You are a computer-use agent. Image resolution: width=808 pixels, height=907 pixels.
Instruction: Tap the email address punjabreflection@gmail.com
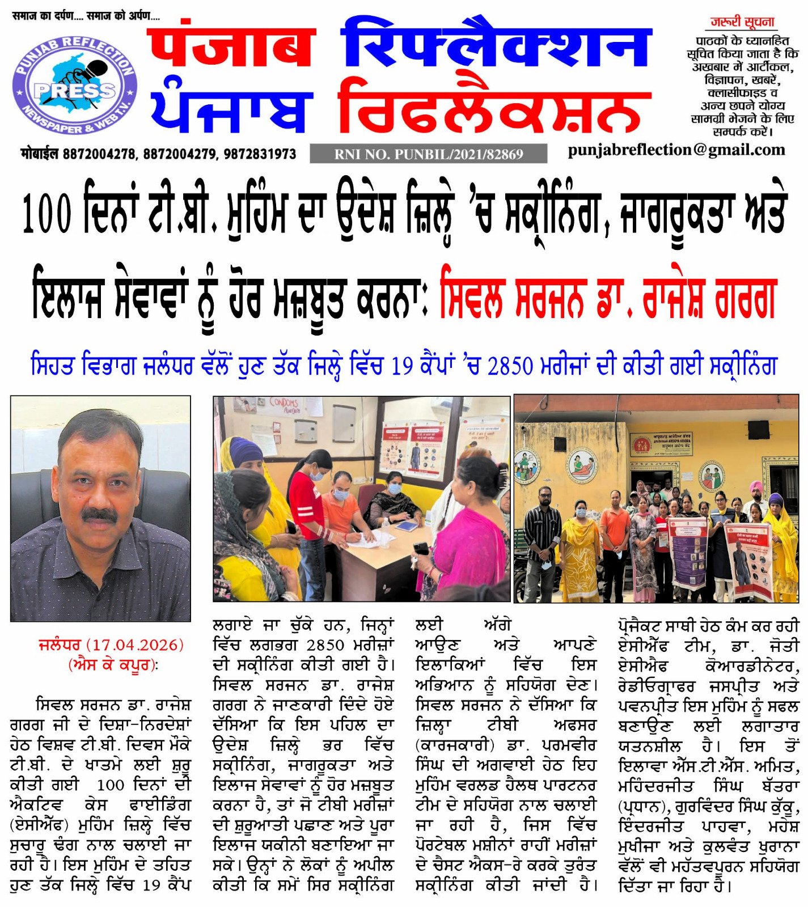[x=676, y=150]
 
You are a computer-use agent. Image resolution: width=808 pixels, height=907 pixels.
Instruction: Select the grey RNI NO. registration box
[x=428, y=154]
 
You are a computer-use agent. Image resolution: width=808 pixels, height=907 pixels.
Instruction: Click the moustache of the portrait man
[x=99, y=515]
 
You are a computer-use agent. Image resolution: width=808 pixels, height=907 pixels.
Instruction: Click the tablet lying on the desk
[x=406, y=526]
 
